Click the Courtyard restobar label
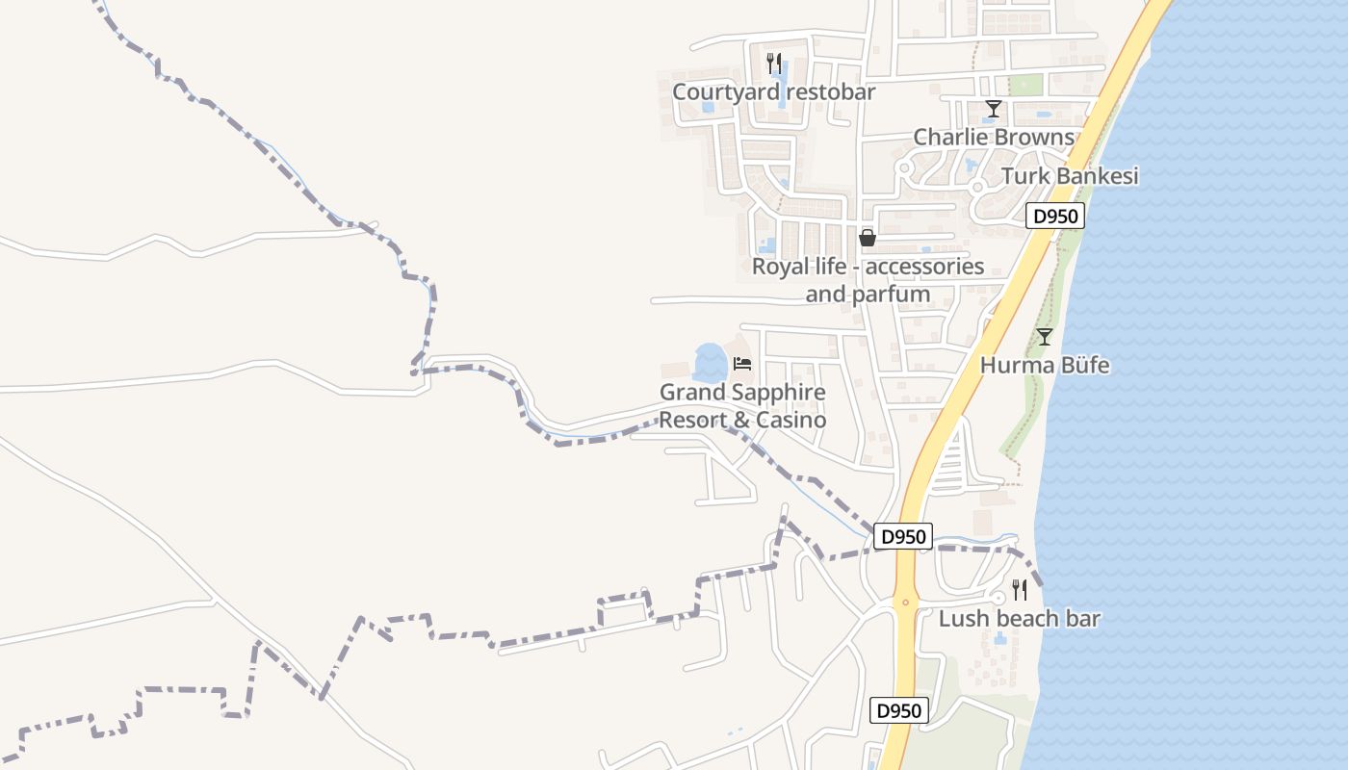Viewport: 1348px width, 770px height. [773, 92]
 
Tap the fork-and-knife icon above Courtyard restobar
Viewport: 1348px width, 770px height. [773, 64]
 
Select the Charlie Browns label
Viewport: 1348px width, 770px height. [993, 137]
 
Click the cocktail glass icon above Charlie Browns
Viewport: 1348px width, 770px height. [993, 109]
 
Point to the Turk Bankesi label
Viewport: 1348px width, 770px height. [1070, 176]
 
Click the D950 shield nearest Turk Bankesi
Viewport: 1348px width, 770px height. [1054, 216]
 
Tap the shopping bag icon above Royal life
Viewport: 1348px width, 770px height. [867, 238]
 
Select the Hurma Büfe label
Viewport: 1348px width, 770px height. [1045, 366]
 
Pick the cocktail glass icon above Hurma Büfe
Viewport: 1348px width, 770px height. [1044, 337]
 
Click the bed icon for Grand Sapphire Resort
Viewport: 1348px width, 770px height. [741, 364]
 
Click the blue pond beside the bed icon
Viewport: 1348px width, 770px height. [710, 363]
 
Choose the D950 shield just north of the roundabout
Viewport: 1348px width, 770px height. [903, 536]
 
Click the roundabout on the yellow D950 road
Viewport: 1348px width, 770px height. [905, 602]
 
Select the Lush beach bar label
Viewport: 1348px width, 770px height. [1019, 619]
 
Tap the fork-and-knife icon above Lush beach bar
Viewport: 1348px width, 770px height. [1019, 590]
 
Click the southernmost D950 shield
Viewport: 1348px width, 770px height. [899, 711]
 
